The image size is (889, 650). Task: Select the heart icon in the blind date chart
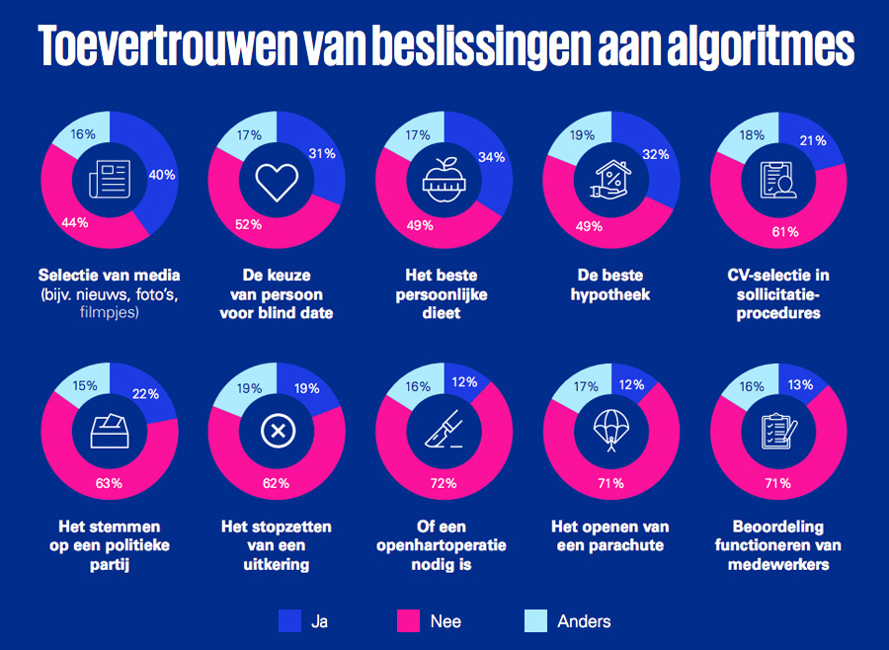tap(276, 181)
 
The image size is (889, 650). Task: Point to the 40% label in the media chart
tap(161, 175)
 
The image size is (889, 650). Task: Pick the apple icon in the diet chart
tap(444, 179)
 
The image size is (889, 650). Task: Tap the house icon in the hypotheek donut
tap(611, 181)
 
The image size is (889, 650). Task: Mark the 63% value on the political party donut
tap(109, 483)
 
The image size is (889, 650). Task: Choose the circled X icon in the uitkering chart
tap(276, 431)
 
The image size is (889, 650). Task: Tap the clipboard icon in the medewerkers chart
tap(778, 431)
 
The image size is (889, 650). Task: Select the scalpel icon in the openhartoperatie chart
tap(442, 431)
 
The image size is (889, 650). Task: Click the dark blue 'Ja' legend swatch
tap(289, 620)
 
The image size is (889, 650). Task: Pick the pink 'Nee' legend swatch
tap(408, 620)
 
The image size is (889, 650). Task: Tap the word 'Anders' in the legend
tap(584, 621)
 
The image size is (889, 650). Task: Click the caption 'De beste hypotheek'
tap(611, 285)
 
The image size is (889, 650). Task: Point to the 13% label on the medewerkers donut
tap(800, 384)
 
